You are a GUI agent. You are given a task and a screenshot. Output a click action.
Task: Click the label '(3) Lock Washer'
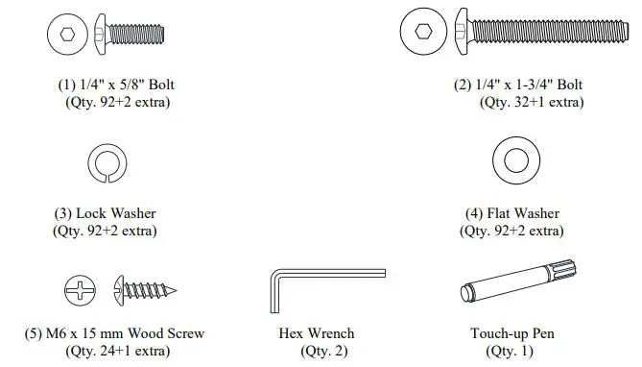(105, 213)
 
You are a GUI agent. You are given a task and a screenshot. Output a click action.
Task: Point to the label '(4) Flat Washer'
(511, 213)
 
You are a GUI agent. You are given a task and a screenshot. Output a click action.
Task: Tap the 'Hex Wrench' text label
(316, 334)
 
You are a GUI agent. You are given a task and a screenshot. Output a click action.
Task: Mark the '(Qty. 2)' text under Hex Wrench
(316, 351)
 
